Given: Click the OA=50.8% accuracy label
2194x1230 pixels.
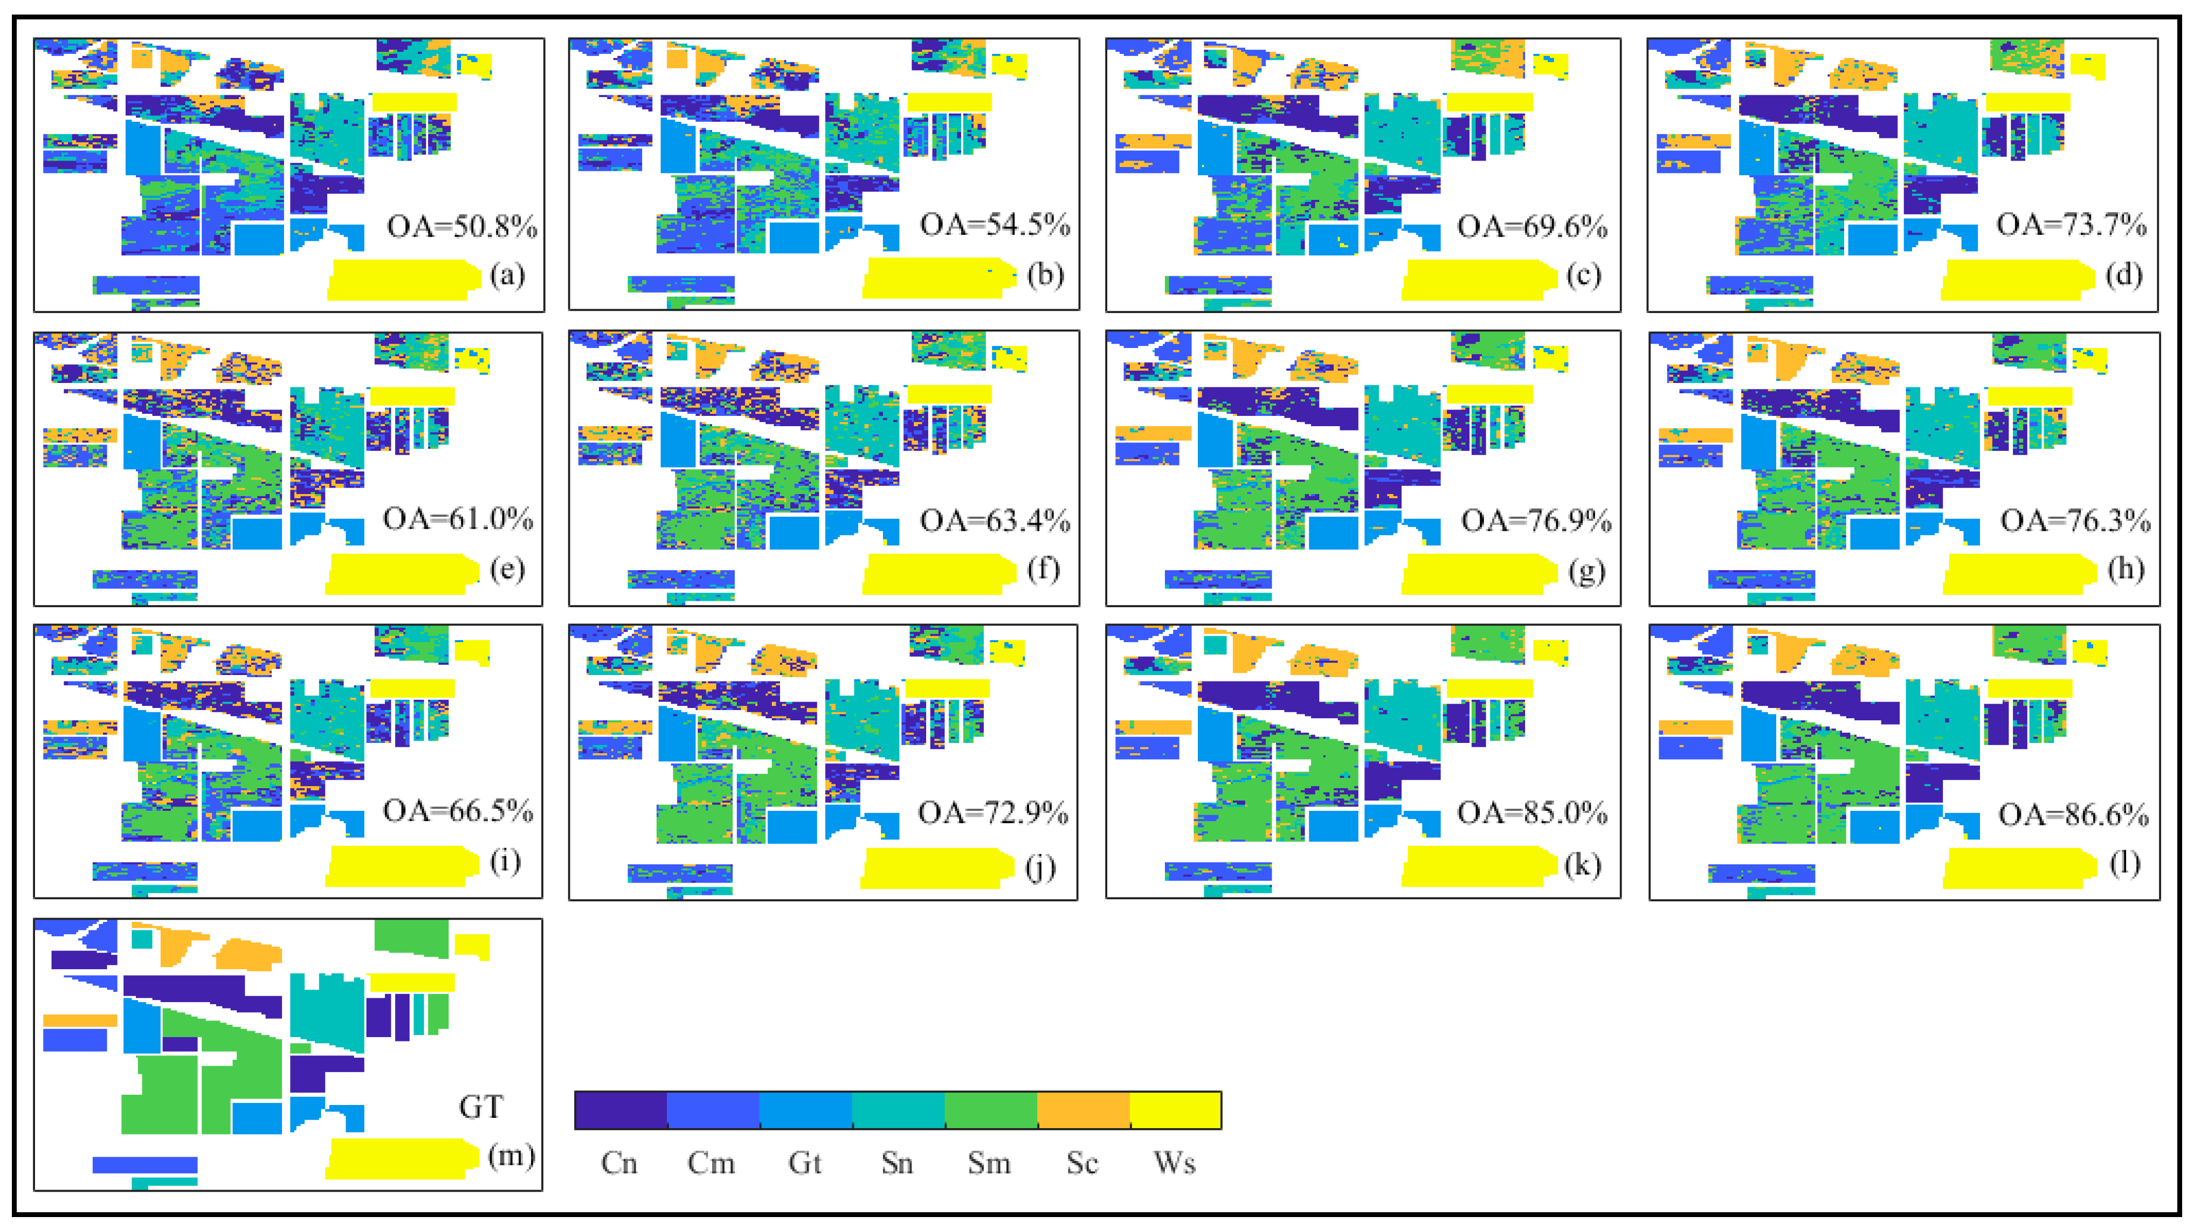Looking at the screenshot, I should [x=461, y=226].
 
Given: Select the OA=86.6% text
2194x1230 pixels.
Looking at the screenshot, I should [x=2073, y=815].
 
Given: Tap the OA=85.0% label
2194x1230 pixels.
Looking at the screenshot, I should [x=1532, y=813].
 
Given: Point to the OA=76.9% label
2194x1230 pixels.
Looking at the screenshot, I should [x=1536, y=520].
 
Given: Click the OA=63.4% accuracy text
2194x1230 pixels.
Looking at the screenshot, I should [x=995, y=520].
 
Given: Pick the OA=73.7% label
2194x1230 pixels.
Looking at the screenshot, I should [x=2071, y=225].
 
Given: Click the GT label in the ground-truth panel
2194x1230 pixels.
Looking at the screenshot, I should [x=481, y=1107].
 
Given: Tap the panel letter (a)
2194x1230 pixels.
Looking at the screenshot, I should [x=508, y=275].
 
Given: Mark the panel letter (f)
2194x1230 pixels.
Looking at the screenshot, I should [x=1043, y=568].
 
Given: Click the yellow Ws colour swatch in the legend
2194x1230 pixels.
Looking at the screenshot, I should [x=1175, y=1110].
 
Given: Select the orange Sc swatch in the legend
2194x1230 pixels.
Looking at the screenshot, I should [x=1082, y=1110].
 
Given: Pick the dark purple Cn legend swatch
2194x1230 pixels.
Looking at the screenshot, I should [x=620, y=1110].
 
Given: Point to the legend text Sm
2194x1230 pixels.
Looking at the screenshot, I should [x=989, y=1163].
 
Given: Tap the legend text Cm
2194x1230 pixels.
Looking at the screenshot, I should [x=711, y=1163].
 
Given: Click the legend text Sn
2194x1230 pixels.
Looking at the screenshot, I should [x=897, y=1163].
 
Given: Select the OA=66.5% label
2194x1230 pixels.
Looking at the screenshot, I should [x=458, y=811].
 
